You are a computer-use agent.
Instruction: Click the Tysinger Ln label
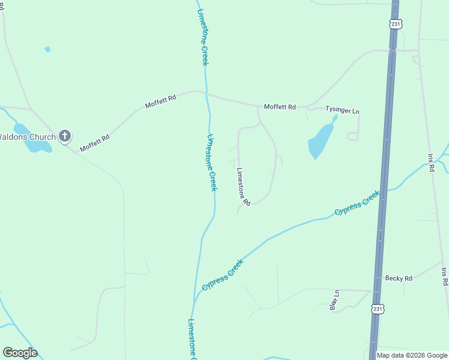click(342, 110)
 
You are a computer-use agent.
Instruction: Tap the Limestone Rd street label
click(243, 185)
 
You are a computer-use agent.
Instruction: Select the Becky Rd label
click(399, 278)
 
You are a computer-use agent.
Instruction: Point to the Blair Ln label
click(335, 301)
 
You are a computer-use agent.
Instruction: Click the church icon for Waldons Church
click(65, 137)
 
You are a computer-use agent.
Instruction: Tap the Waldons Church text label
click(28, 137)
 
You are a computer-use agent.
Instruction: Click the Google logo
click(20, 353)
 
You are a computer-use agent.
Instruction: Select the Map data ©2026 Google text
click(412, 355)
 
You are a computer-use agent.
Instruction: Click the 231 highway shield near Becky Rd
click(378, 308)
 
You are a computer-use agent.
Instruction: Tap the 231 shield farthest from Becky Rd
click(395, 23)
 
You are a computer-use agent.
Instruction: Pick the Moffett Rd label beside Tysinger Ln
click(280, 107)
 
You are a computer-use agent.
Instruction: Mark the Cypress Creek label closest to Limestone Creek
click(223, 275)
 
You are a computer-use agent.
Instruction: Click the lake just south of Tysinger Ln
click(321, 140)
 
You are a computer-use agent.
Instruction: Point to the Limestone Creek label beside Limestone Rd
click(211, 162)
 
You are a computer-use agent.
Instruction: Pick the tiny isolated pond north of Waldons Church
click(47, 49)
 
